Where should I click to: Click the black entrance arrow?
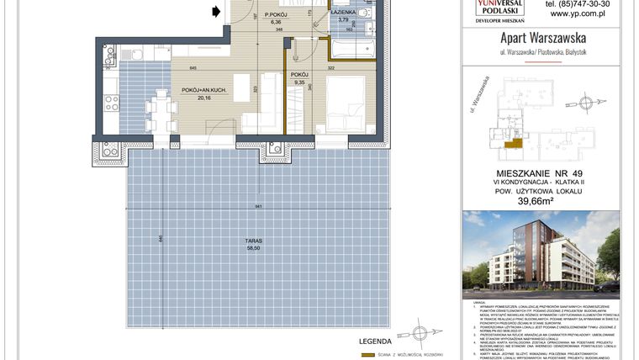click(x=217, y=11)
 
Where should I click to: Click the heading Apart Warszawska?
click(x=542, y=38)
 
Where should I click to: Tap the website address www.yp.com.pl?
click(x=580, y=14)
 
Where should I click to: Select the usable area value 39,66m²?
click(x=542, y=200)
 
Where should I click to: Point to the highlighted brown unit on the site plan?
click(x=510, y=146)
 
